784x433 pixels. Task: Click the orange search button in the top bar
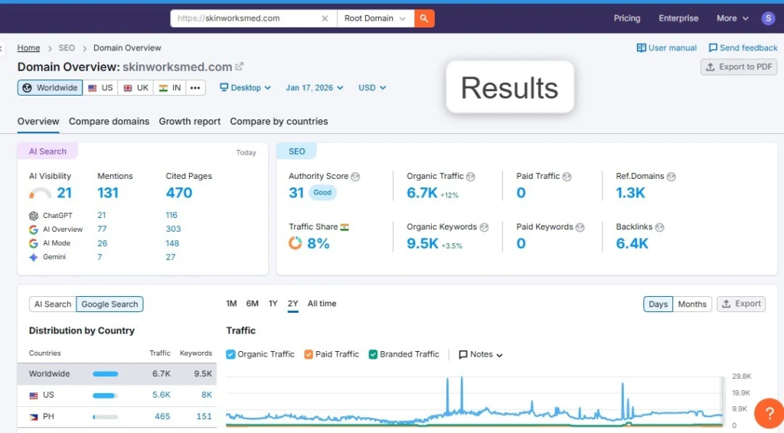coord(424,18)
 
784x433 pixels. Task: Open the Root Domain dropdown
coord(375,18)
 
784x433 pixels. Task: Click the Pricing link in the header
coord(626,18)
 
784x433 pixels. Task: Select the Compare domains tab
coord(109,122)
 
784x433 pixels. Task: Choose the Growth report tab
coord(190,122)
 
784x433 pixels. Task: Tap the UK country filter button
coord(136,88)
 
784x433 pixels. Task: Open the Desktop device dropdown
coord(246,88)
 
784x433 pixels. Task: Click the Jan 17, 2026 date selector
coord(315,88)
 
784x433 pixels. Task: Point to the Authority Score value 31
coord(296,193)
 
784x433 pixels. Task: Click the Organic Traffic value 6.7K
coord(422,193)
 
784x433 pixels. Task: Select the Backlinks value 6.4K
coord(632,243)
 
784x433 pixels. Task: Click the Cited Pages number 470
coord(179,193)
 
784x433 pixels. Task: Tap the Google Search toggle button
coord(109,304)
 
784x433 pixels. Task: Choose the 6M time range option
coord(252,304)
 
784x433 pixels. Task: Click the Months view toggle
coord(692,304)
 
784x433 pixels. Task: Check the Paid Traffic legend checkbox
coord(309,354)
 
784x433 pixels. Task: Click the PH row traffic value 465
coord(162,417)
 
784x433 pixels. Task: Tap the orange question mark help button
coord(769,413)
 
